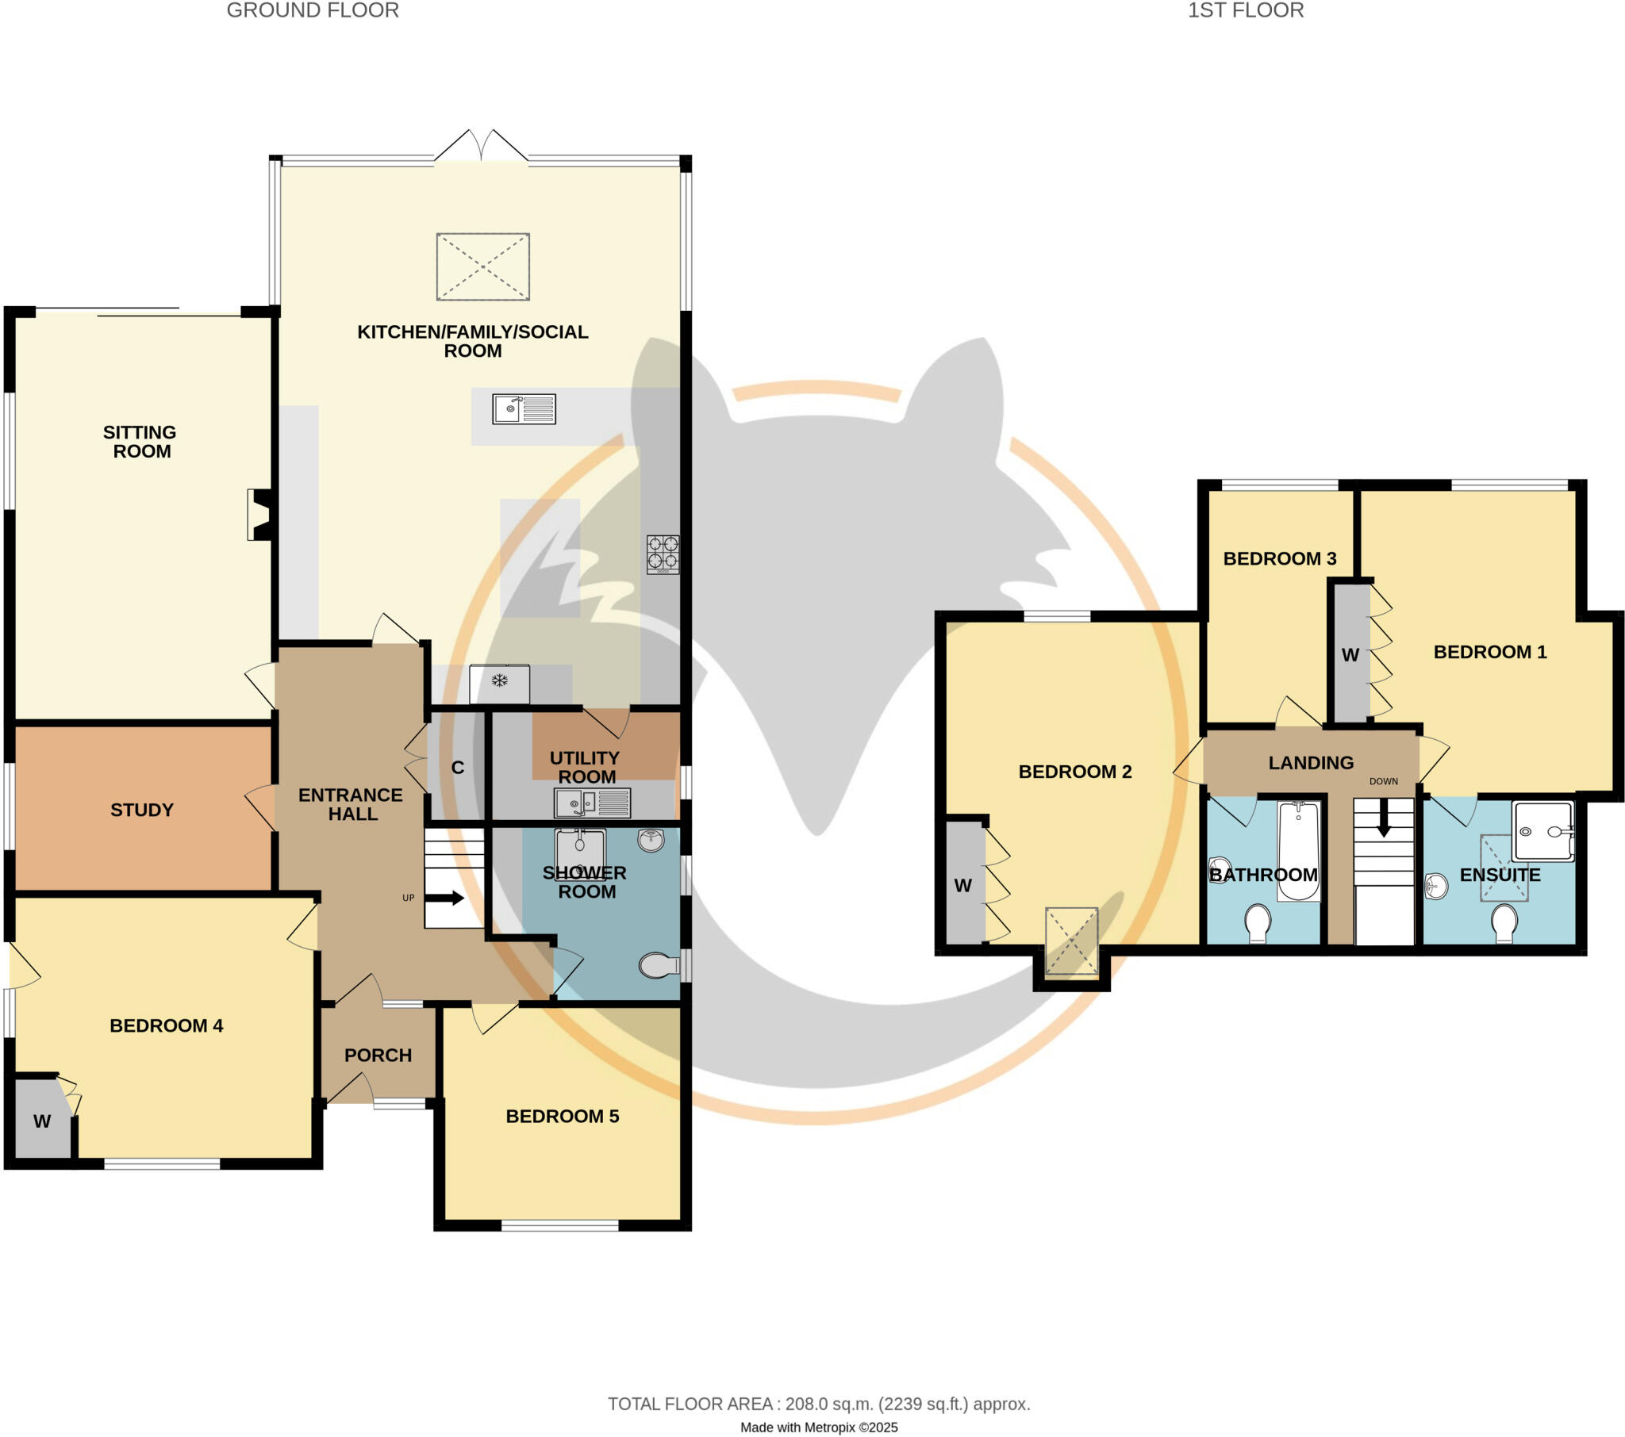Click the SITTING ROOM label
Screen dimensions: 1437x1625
click(x=140, y=442)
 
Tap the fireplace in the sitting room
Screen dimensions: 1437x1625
click(x=261, y=515)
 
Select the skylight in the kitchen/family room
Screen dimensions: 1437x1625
click(x=482, y=266)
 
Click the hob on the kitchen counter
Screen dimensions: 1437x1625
click(x=663, y=554)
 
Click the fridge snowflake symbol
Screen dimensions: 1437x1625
click(x=499, y=680)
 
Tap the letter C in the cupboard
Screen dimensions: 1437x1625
click(x=457, y=768)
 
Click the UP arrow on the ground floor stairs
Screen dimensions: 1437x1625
click(x=445, y=898)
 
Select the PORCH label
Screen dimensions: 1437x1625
click(x=378, y=1056)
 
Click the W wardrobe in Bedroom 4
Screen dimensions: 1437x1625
click(x=42, y=1121)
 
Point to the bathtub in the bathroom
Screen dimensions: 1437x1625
click(x=1298, y=850)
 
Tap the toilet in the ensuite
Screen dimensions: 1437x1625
click(x=1504, y=923)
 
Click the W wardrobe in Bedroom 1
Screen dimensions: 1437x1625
click(x=1350, y=655)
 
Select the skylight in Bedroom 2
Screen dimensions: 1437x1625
click(x=1071, y=941)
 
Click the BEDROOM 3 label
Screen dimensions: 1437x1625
click(x=1279, y=559)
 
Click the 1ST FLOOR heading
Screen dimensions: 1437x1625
click(x=1245, y=10)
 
